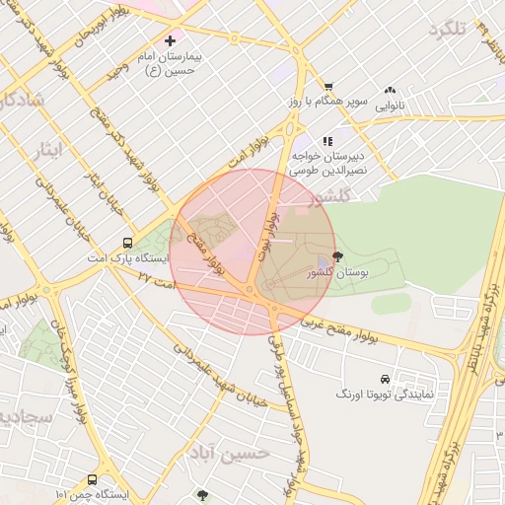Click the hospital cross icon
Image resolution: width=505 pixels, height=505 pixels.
(x=171, y=41)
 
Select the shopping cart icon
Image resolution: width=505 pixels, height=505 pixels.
(x=328, y=86)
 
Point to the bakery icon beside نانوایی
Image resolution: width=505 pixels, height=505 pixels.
(x=391, y=89)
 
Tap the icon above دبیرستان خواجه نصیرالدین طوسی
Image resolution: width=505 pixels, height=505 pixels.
(x=327, y=142)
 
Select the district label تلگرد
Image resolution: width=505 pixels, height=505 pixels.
(x=447, y=31)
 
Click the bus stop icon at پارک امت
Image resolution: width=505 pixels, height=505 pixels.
(x=127, y=243)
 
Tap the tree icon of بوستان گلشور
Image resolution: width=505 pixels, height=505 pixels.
(x=338, y=256)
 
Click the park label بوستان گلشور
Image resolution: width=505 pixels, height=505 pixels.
(x=337, y=272)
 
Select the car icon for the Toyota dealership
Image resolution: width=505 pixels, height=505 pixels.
(x=384, y=379)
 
